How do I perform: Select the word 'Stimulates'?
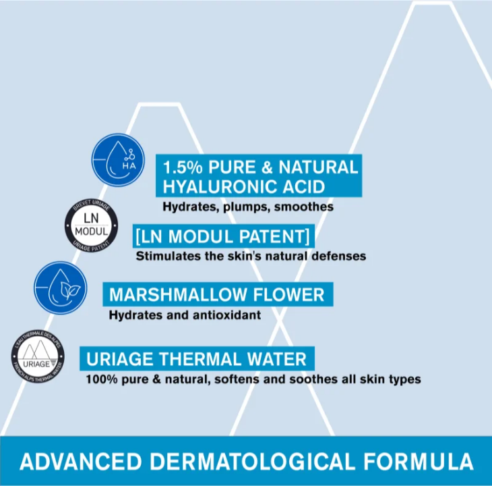click(x=166, y=256)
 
